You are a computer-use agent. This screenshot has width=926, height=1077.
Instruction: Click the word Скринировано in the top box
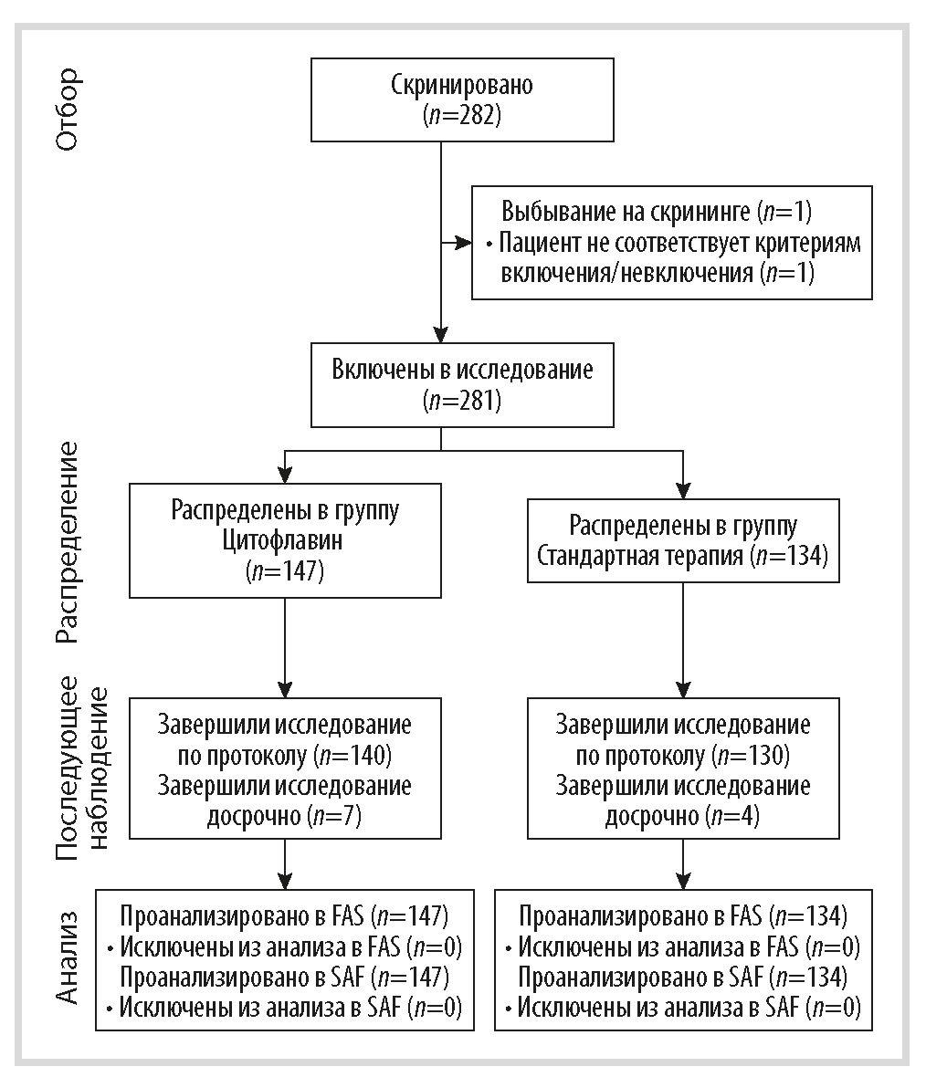point(462,85)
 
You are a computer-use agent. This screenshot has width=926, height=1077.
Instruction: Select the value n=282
point(462,115)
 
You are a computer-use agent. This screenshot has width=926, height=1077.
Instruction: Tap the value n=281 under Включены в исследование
point(462,401)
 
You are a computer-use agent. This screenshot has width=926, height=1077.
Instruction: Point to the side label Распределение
point(68,542)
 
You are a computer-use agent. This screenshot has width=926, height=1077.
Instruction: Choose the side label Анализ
point(68,957)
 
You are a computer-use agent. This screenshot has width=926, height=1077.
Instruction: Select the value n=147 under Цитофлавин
point(285,571)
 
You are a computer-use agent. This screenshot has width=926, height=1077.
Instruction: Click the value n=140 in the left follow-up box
point(352,756)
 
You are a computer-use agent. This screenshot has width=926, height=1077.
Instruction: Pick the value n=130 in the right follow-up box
point(750,756)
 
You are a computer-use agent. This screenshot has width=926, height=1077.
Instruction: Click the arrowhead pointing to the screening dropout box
point(464,243)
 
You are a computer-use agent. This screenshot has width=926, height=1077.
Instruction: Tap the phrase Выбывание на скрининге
point(626,211)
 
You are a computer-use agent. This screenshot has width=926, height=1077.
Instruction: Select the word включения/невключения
point(627,273)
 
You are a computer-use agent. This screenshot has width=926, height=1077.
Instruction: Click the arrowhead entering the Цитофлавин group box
point(285,474)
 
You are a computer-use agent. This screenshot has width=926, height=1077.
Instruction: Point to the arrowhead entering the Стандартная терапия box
point(683,490)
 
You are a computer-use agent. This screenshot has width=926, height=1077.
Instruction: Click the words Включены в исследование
point(462,370)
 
